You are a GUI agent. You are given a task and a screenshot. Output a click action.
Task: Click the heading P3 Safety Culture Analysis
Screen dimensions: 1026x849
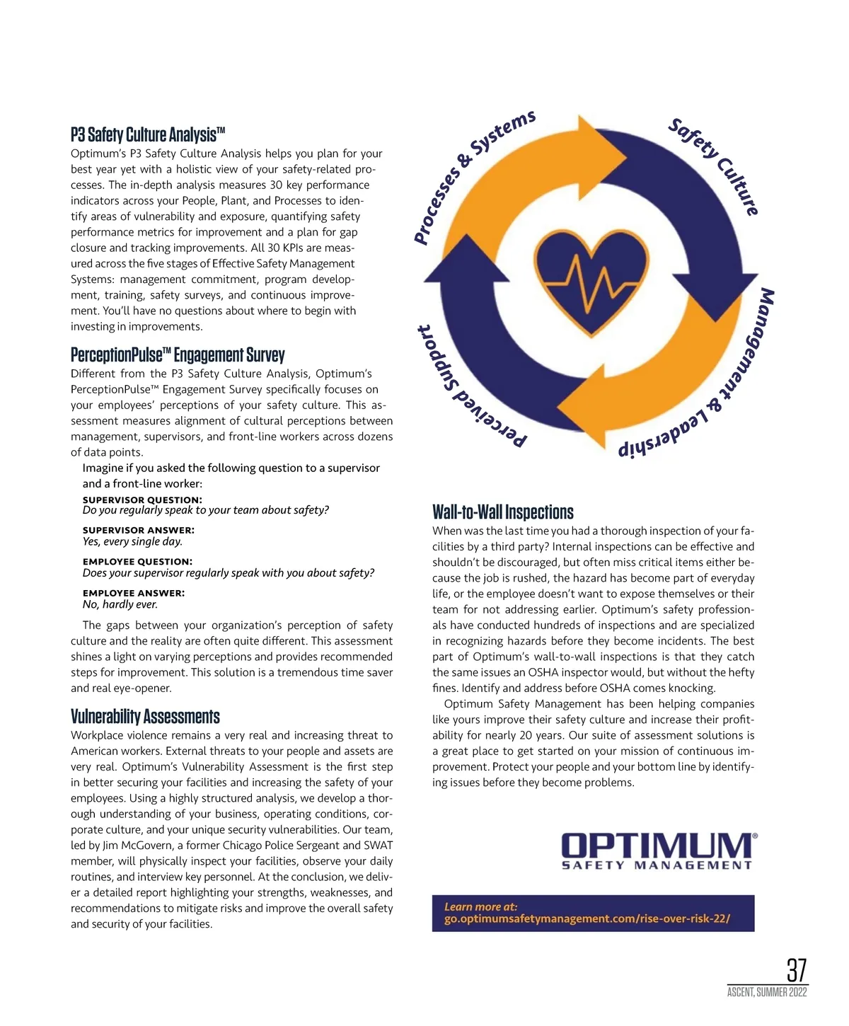tap(147, 134)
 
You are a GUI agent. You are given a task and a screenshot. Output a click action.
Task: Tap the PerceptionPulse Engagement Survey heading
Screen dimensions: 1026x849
tap(178, 355)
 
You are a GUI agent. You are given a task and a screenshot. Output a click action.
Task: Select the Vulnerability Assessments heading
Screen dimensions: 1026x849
tap(145, 716)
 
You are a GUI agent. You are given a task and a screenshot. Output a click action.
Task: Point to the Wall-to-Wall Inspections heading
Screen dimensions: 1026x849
tap(502, 512)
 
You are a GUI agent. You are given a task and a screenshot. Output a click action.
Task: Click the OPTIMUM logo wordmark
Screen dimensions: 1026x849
tap(658, 846)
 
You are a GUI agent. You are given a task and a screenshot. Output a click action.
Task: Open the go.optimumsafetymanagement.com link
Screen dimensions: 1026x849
tap(587, 919)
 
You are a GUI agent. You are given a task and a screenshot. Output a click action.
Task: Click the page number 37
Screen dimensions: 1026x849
tap(796, 970)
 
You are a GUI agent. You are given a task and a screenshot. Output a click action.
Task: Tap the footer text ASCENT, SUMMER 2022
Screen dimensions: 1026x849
tap(767, 993)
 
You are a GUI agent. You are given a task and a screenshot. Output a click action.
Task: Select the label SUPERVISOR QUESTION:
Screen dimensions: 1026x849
tap(142, 500)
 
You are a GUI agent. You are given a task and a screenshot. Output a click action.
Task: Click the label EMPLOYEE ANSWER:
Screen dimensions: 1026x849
tap(134, 593)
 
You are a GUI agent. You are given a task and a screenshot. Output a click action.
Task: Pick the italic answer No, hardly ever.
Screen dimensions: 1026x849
tap(120, 604)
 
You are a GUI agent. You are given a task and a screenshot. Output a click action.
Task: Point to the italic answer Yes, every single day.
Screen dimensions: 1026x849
tap(132, 541)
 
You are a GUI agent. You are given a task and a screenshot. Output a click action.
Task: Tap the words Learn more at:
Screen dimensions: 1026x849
tap(480, 906)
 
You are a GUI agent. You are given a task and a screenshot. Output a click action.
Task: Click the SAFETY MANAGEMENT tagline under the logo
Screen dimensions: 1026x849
tap(657, 865)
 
